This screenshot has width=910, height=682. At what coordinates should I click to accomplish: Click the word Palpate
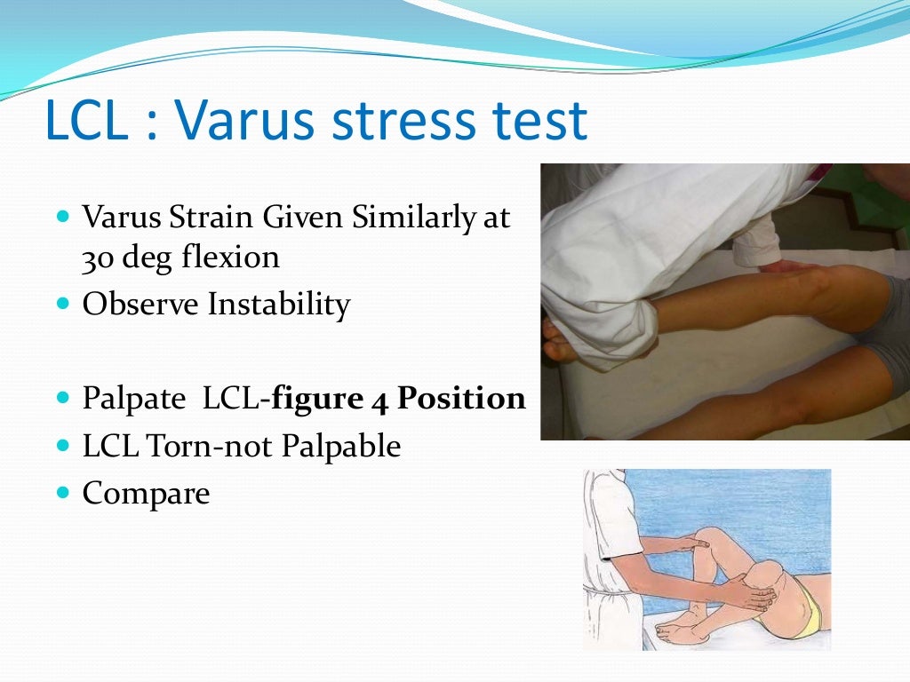[131, 400]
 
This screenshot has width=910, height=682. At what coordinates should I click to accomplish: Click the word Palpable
[341, 447]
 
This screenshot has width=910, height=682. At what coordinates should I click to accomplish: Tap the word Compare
[146, 494]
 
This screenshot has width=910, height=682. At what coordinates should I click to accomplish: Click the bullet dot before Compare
[62, 491]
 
